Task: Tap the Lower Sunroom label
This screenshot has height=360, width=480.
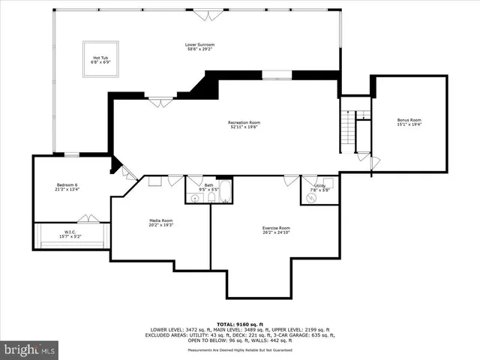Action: tap(199, 44)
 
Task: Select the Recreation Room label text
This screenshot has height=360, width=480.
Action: tap(244, 122)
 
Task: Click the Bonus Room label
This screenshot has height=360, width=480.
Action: tap(409, 120)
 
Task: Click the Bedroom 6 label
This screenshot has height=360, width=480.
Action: tap(67, 184)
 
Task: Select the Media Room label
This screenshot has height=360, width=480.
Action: tap(162, 220)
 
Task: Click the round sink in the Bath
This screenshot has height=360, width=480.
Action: tap(195, 198)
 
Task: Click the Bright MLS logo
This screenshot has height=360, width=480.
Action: tap(29, 349)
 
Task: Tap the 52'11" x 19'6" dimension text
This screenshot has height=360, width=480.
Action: tap(244, 127)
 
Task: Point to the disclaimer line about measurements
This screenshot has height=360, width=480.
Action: tap(241, 350)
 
